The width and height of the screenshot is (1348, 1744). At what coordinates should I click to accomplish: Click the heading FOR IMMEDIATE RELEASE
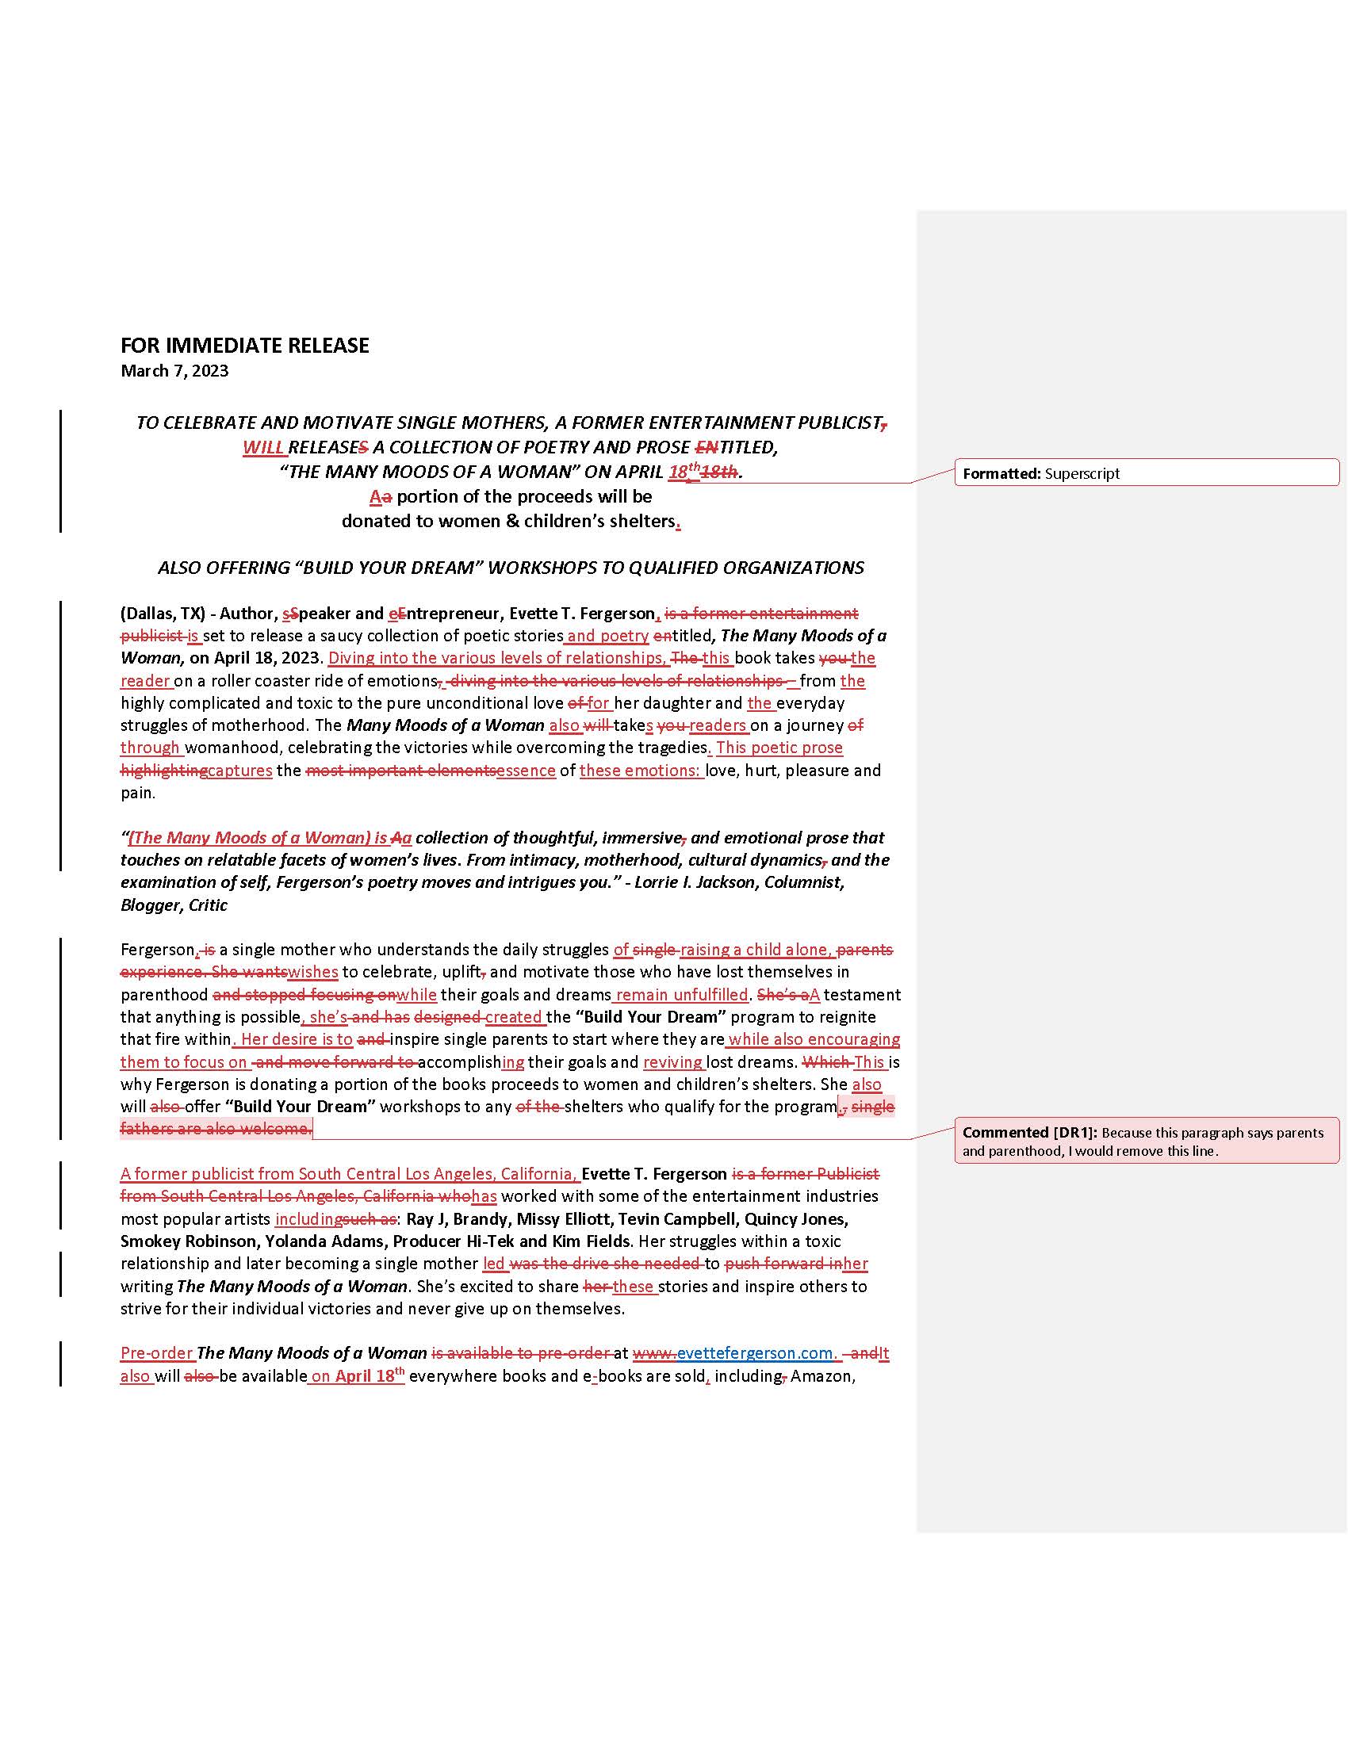[x=244, y=345]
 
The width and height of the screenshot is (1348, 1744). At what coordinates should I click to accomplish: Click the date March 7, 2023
[x=174, y=370]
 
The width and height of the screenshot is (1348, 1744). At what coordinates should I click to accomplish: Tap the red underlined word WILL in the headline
[x=263, y=447]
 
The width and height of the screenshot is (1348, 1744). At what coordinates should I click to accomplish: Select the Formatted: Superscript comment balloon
[x=1145, y=472]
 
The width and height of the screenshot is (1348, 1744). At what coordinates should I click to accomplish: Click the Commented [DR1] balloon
[x=1145, y=1141]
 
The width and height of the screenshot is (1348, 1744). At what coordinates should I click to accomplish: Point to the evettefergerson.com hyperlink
[x=755, y=1352]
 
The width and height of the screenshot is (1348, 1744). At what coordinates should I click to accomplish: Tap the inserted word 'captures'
[x=239, y=771]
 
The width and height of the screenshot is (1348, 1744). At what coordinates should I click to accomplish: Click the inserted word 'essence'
[x=526, y=771]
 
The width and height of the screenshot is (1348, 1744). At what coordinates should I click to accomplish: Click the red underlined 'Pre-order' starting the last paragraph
[x=155, y=1352]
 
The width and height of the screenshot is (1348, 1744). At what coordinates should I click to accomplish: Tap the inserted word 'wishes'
[x=313, y=972]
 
